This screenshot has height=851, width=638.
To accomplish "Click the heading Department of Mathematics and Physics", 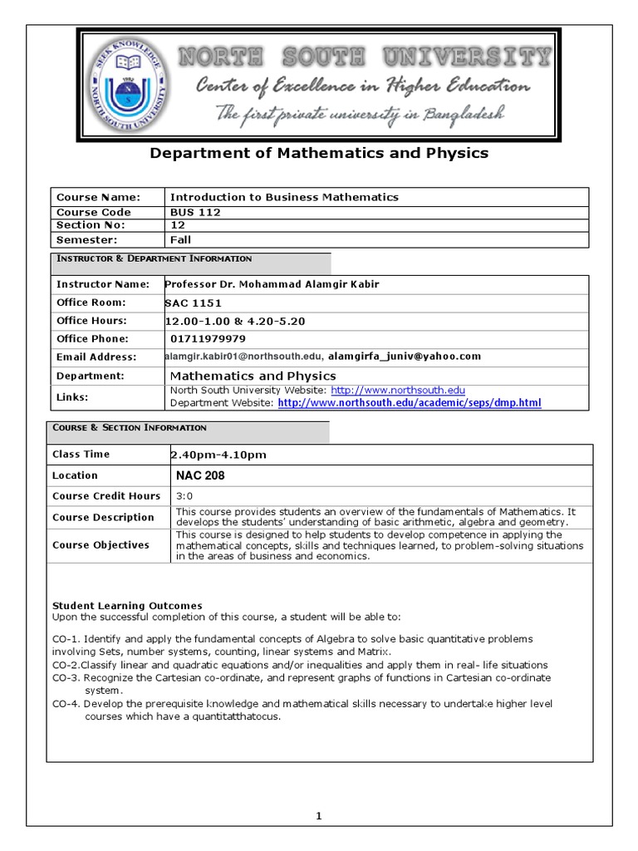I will click(318, 153).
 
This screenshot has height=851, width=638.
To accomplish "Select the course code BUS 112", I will click(194, 212).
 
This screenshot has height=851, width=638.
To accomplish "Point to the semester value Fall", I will click(180, 239).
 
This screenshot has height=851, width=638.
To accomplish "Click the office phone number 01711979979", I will click(208, 338).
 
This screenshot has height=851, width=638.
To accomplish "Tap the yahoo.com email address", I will click(405, 357).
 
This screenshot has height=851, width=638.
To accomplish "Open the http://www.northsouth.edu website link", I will click(398, 390).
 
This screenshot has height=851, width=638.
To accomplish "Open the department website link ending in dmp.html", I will click(409, 403).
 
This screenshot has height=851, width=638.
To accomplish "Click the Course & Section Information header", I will click(130, 428).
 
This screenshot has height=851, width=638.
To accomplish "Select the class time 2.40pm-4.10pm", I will click(218, 455).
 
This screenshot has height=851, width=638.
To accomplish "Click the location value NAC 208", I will click(200, 475).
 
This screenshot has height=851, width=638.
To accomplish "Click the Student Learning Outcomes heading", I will click(127, 606).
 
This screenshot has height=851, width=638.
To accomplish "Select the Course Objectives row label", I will click(101, 545).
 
